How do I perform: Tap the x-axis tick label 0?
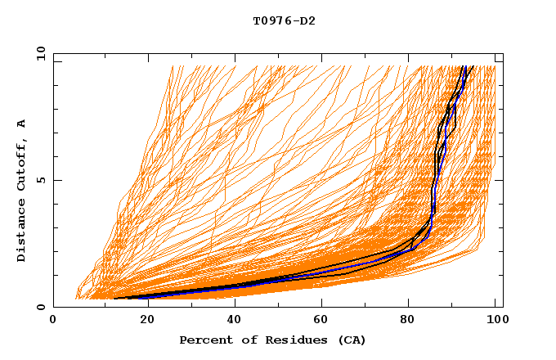tap(53, 320)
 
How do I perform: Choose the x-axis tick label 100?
tap(495, 320)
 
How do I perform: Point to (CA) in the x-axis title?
tap(349, 340)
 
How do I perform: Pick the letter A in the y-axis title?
tap(22, 123)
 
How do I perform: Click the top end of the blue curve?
tap(464, 66)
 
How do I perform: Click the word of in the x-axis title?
tap(244, 340)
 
